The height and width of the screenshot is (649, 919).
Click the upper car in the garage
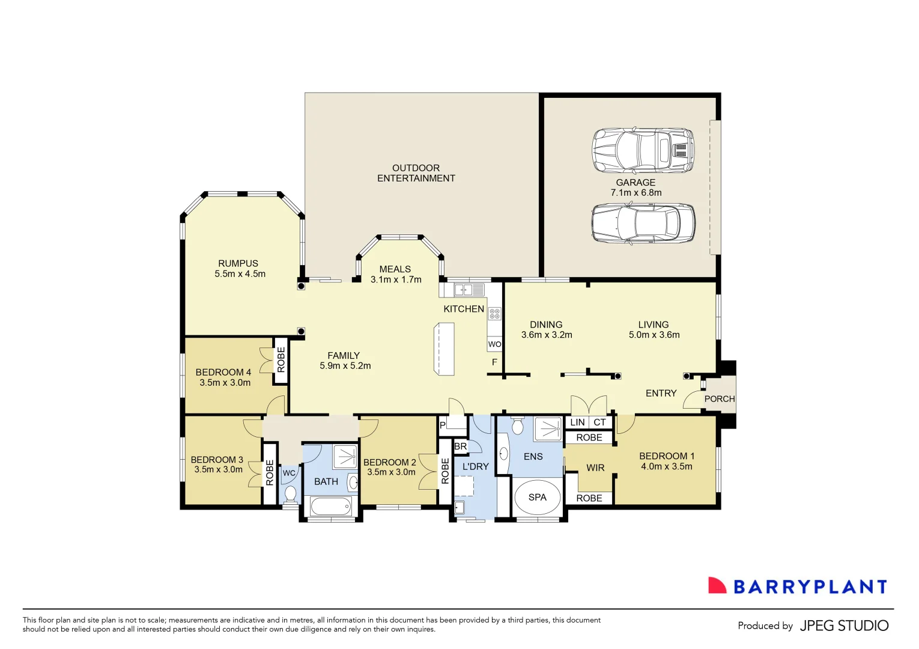[643, 150]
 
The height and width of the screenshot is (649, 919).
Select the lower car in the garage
[643, 223]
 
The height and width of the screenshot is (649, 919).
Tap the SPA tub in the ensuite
[537, 498]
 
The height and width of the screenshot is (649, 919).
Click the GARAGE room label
[635, 183]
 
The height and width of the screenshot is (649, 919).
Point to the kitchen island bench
[444, 349]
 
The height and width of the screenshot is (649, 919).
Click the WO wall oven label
[494, 344]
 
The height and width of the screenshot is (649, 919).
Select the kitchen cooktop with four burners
[494, 313]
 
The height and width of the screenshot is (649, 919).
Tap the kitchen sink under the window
[469, 290]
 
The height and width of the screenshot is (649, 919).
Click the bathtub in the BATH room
[330, 507]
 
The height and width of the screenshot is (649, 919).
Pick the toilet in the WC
[291, 494]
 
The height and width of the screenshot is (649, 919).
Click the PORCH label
[719, 399]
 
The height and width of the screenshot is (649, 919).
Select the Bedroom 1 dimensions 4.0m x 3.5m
[666, 467]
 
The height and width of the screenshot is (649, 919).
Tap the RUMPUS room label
[238, 264]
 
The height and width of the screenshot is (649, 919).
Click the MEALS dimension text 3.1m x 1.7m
[396, 280]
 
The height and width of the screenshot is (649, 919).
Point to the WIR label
[595, 468]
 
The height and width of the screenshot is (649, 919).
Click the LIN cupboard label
[577, 422]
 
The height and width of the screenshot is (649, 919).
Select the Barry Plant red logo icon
[717, 586]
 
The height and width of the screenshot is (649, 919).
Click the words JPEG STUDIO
[844, 626]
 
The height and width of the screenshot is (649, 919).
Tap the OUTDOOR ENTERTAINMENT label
[416, 173]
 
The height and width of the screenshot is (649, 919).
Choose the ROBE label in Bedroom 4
[281, 359]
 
